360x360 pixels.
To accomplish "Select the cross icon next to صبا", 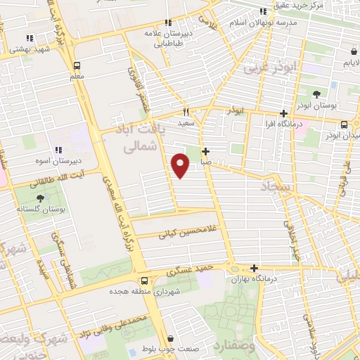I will coord(205,151).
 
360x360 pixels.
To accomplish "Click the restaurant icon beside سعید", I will coord(186,111).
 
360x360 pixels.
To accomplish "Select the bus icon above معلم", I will coord(77,65).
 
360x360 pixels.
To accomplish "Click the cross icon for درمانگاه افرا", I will coord(283,113).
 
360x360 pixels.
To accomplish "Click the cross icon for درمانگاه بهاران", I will coord(254,268).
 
